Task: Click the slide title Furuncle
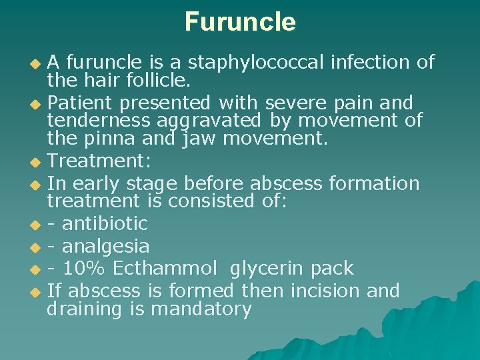pyautogui.click(x=240, y=22)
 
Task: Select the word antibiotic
pyautogui.click(x=105, y=223)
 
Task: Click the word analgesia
pyautogui.click(x=105, y=247)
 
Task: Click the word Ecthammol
pyautogui.click(x=165, y=269)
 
